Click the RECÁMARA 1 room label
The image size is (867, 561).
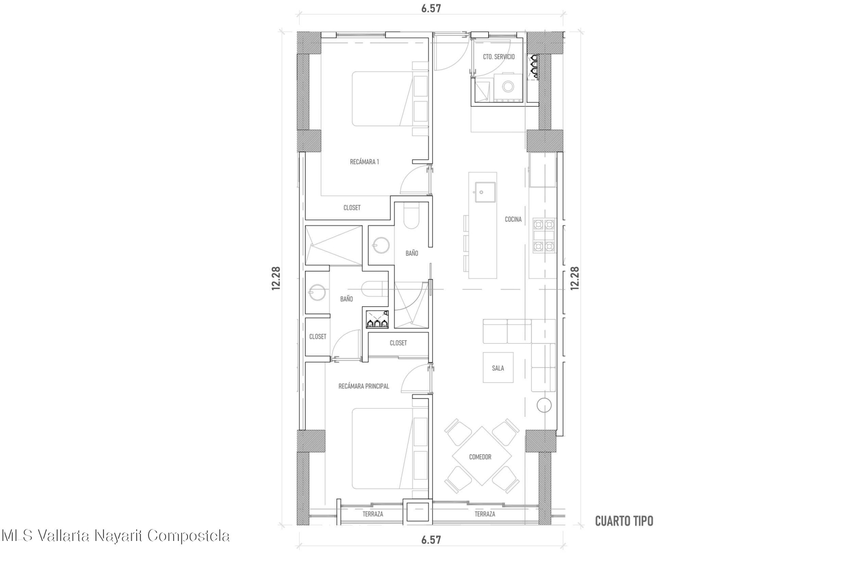point(364,162)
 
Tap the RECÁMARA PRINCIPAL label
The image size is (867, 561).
point(364,386)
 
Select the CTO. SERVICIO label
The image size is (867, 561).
point(499,57)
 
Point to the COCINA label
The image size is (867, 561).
point(513,219)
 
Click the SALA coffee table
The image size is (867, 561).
point(498,367)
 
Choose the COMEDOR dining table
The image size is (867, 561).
point(481,456)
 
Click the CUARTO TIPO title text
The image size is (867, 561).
point(624,521)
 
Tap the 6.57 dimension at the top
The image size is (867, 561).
point(431,8)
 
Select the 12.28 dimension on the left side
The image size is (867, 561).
point(276,278)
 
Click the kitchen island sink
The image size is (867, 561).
point(485,192)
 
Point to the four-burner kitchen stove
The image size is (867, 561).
point(544,235)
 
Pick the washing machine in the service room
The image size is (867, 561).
point(508,87)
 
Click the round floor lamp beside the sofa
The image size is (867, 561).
point(544,405)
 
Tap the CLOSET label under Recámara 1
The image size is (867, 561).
point(352,208)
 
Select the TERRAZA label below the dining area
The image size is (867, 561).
point(484,514)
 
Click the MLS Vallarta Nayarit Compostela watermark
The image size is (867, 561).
point(115,536)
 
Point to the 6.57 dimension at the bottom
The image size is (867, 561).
point(431,540)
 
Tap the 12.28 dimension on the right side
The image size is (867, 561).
point(575,278)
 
